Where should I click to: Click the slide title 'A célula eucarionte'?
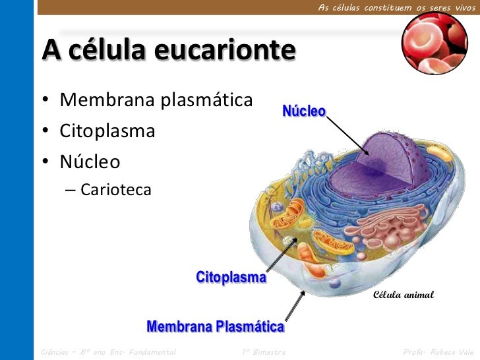(x=168, y=51)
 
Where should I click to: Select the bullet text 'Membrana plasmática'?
(x=156, y=101)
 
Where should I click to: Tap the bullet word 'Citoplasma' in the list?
(x=107, y=131)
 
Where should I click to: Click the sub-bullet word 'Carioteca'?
(x=116, y=191)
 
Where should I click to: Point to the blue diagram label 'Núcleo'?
(x=304, y=111)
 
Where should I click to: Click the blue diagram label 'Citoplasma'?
(x=231, y=278)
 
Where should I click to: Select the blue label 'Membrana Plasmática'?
(x=215, y=327)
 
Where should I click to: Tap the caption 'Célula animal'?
(x=404, y=295)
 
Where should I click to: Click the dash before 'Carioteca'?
(x=70, y=191)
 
